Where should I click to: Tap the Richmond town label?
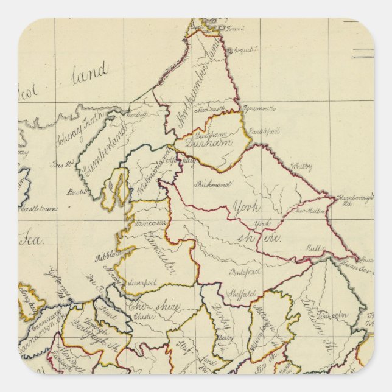(x=211, y=183)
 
